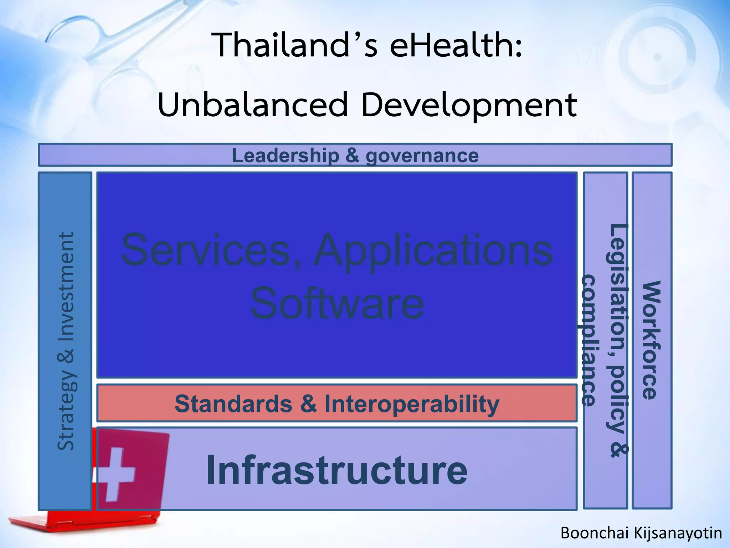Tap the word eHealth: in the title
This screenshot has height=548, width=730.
tap(456, 45)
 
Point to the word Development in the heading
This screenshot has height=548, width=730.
tap(469, 105)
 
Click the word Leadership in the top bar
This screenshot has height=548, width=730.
tap(285, 156)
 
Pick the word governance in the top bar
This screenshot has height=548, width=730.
tap(422, 156)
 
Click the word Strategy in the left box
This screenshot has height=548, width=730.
tap(66, 410)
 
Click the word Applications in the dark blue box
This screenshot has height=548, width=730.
tap(433, 250)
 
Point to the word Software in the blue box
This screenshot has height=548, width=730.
tap(337, 303)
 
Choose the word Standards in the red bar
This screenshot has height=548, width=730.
tap(233, 404)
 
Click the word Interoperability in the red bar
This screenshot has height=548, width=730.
tap(412, 404)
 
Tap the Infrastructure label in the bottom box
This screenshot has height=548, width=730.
tap(337, 470)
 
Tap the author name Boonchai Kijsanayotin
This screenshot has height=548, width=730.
tap(641, 533)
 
